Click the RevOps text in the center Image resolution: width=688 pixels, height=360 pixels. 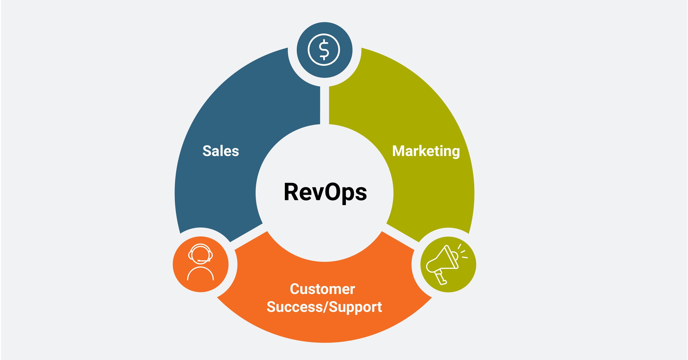[x=325, y=192]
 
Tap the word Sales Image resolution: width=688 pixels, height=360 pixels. [x=221, y=151]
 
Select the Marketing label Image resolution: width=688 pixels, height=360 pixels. [x=426, y=151]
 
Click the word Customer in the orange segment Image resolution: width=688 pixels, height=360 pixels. [x=322, y=289]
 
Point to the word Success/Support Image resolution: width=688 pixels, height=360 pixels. [x=324, y=307]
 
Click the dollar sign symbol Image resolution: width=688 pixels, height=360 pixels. [x=324, y=50]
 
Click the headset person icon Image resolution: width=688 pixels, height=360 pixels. [x=200, y=261]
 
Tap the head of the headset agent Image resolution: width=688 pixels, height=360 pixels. [x=200, y=254]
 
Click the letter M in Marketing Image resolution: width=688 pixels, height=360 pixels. [x=398, y=151]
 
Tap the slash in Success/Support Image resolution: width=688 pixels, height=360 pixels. [x=326, y=307]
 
